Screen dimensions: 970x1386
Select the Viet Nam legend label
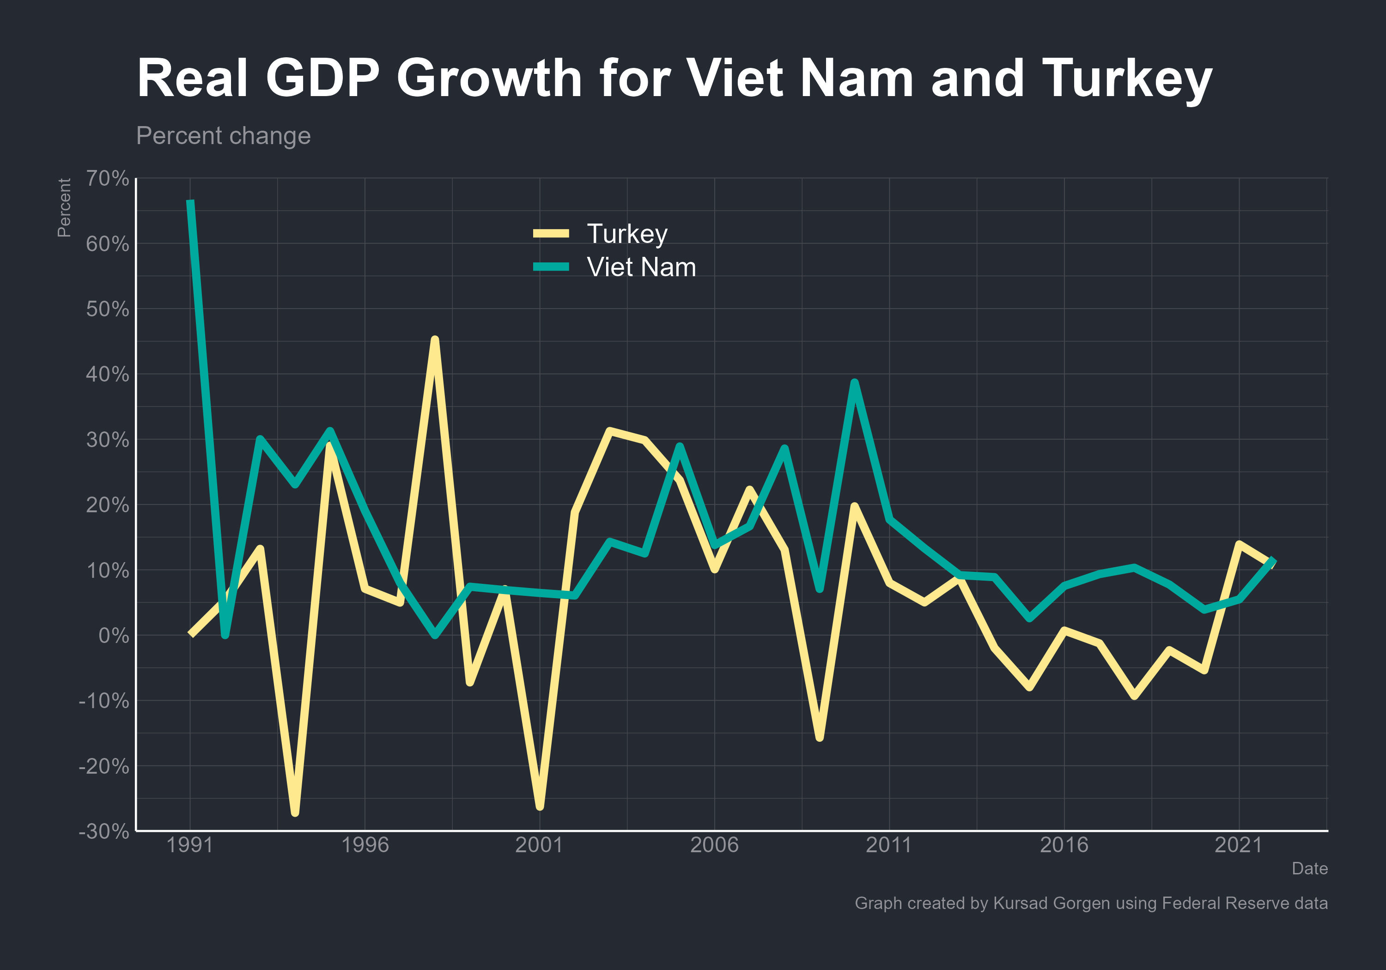641,267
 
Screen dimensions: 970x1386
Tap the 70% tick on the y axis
108,179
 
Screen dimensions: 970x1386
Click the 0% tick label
114,636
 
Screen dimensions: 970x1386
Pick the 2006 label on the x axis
714,844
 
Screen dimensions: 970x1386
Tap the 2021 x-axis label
1238,844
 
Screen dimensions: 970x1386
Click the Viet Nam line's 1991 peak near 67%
191,202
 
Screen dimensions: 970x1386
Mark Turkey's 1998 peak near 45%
435,340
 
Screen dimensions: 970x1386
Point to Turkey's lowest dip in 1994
295,812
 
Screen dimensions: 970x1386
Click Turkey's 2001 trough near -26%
540,806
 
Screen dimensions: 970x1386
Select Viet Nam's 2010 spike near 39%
854,383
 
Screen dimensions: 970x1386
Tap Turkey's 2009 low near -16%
819,738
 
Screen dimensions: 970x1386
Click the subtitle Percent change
223,136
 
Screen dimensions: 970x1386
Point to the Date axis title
1309,868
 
